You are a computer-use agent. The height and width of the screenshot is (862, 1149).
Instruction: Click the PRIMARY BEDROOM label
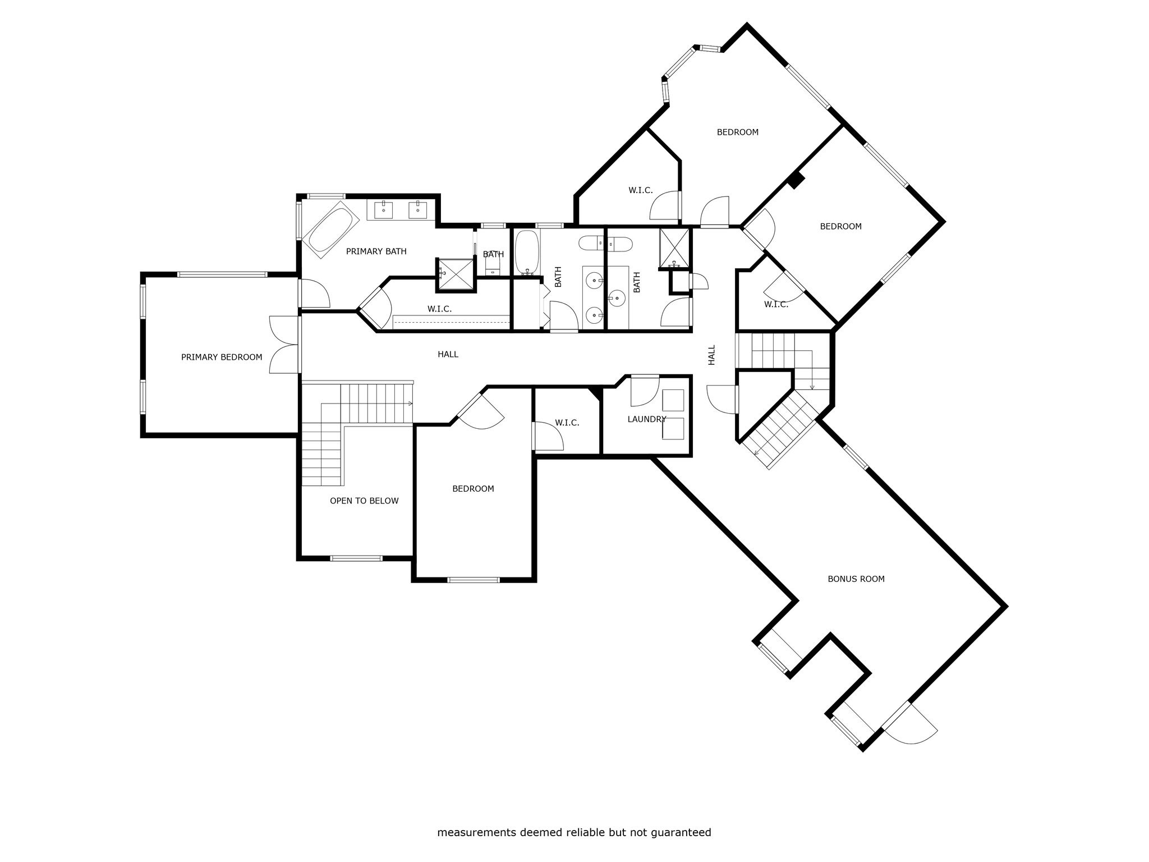click(222, 357)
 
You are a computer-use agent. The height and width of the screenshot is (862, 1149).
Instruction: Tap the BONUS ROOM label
click(856, 579)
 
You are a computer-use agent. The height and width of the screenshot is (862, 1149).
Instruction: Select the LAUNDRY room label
click(647, 419)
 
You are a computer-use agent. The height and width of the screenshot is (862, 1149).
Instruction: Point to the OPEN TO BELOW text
click(364, 501)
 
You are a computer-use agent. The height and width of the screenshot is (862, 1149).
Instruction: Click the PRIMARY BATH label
click(376, 251)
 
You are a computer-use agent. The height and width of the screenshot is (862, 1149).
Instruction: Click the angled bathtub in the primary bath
click(331, 233)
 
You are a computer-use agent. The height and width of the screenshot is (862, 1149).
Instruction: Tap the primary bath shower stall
click(456, 275)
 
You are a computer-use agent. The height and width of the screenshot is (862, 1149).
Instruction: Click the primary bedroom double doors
click(285, 345)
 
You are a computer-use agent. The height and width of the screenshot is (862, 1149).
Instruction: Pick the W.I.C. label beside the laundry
click(567, 423)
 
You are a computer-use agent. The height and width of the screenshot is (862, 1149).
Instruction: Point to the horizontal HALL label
click(448, 354)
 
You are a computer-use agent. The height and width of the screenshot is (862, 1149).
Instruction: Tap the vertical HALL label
click(712, 355)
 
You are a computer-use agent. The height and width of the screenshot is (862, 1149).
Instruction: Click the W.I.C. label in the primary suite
click(439, 309)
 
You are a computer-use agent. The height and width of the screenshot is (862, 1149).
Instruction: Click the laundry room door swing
click(645, 391)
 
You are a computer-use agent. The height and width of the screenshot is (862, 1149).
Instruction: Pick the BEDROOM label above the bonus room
click(840, 226)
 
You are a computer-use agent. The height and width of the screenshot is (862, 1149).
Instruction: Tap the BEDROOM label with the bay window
click(737, 132)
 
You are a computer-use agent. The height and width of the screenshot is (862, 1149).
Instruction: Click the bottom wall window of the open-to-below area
click(356, 558)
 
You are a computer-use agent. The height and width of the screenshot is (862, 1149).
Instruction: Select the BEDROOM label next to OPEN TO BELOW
click(473, 488)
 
